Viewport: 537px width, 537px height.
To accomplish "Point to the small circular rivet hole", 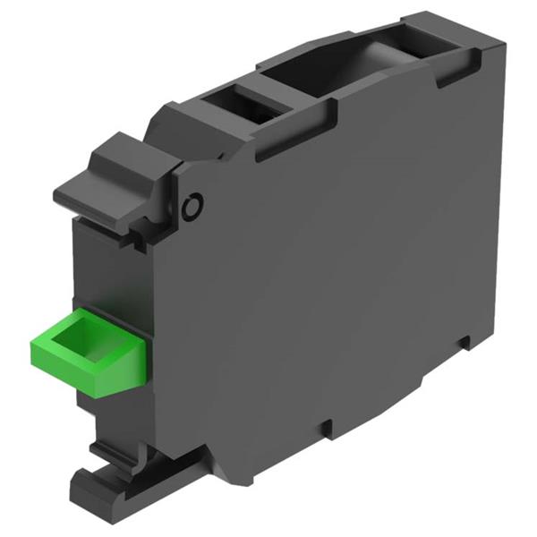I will [190, 208].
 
